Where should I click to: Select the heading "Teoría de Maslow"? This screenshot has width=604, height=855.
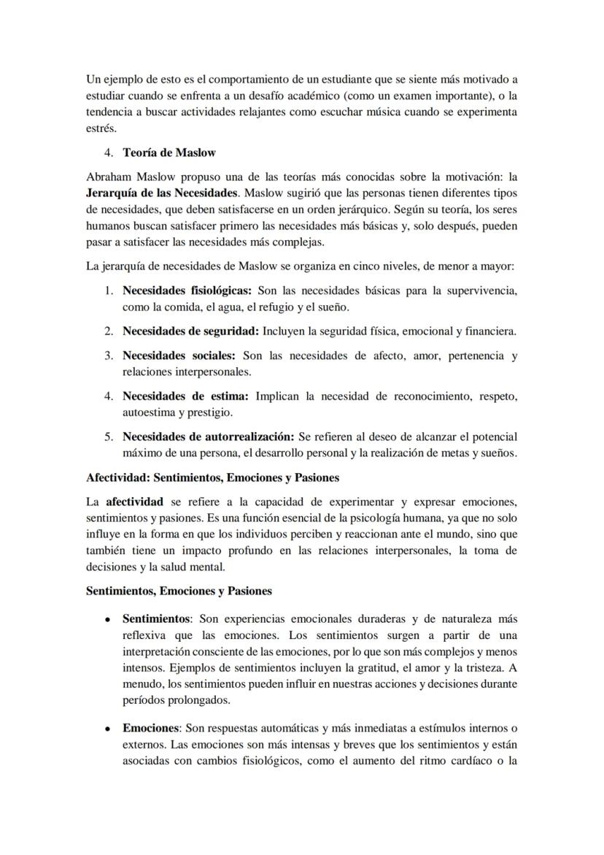click(x=169, y=153)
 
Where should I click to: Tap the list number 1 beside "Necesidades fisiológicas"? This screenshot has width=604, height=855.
click(x=107, y=291)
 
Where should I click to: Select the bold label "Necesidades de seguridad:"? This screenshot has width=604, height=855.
click(x=190, y=331)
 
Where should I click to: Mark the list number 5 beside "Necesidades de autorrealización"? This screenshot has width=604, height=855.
click(x=107, y=437)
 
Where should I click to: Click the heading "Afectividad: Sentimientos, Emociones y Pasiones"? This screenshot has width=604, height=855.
click(x=212, y=478)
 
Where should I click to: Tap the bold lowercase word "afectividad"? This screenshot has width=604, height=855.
click(x=134, y=502)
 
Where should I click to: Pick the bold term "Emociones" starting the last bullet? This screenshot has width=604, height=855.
click(x=150, y=728)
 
